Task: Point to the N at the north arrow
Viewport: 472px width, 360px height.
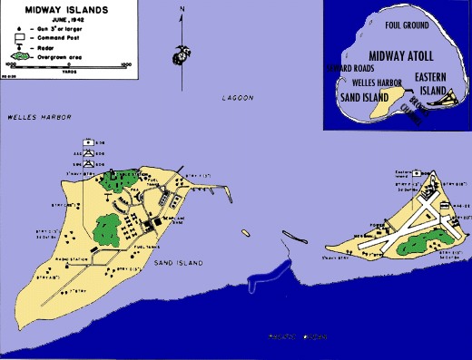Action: tap(182, 9)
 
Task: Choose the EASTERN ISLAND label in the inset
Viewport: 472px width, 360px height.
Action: tap(434, 84)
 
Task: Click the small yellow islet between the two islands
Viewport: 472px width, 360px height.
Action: tap(245, 232)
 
